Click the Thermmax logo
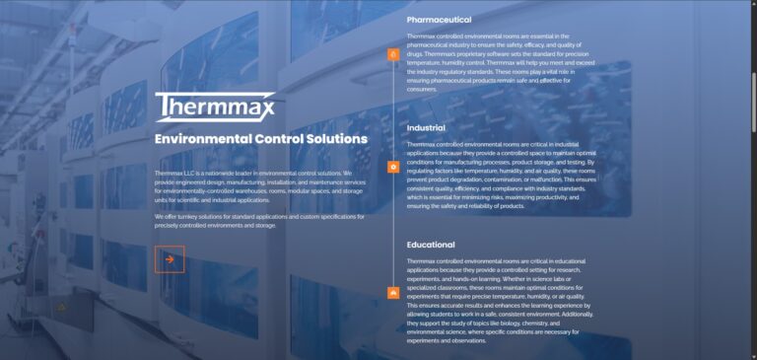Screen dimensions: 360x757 (x=214, y=107)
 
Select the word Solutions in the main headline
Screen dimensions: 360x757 (x=334, y=139)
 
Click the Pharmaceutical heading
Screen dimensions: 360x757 (x=439, y=20)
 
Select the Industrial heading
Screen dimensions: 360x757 (x=426, y=127)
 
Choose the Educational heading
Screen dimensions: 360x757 (x=431, y=245)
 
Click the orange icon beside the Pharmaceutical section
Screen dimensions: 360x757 (x=393, y=54)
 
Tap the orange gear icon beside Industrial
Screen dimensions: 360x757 (x=393, y=168)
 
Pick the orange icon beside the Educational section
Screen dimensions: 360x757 (x=393, y=292)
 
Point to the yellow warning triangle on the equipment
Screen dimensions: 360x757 (x=61, y=308)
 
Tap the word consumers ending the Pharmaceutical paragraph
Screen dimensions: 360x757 (x=422, y=89)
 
